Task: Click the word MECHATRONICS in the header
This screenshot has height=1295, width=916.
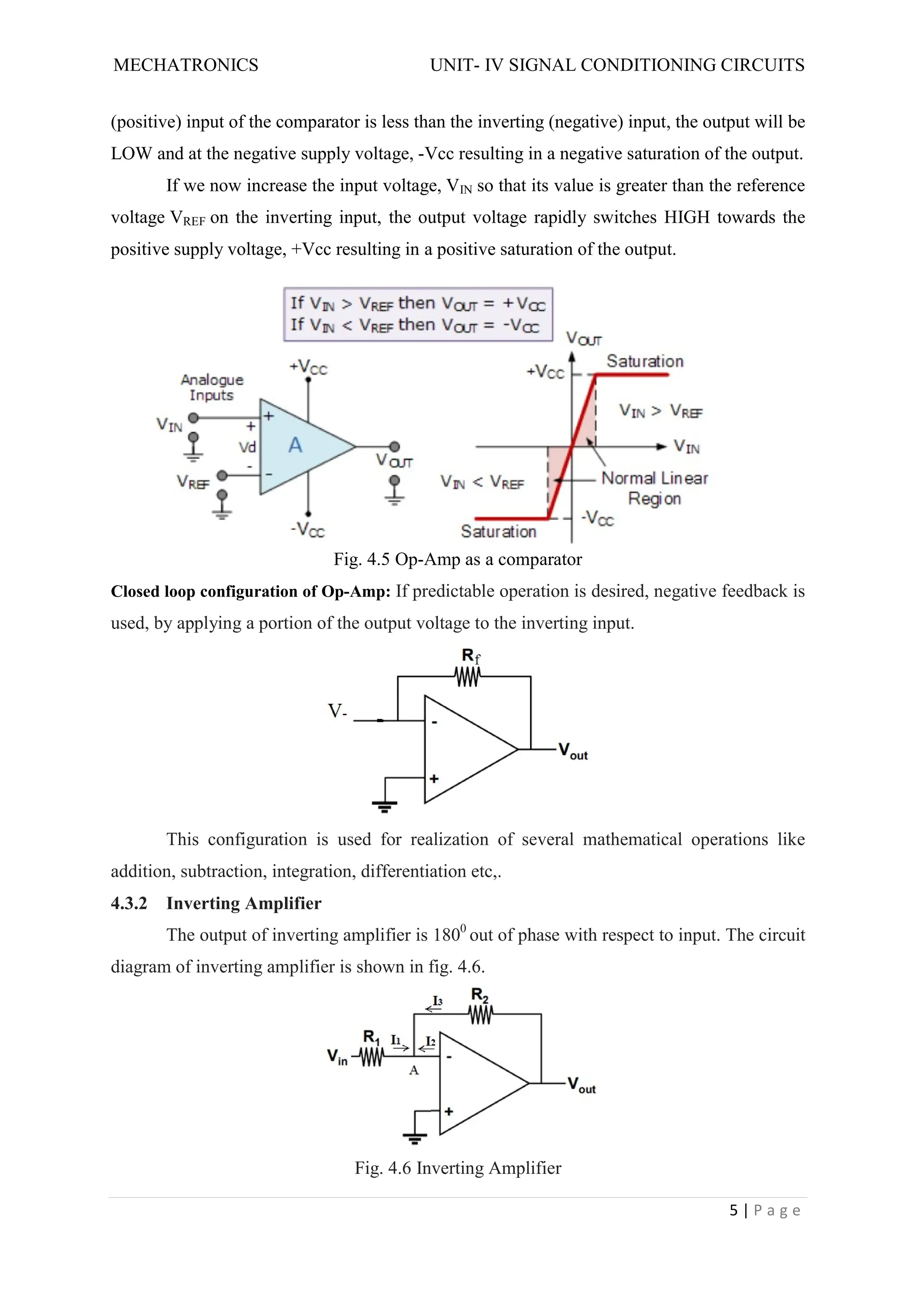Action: [x=186, y=65]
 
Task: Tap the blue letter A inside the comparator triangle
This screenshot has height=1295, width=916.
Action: [x=295, y=445]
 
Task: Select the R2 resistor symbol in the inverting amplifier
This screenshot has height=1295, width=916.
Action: [x=480, y=1015]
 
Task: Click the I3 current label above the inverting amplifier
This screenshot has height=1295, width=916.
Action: [x=437, y=1001]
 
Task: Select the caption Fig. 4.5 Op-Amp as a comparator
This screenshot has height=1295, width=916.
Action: [x=458, y=559]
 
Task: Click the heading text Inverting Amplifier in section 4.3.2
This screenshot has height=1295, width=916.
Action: [x=244, y=903]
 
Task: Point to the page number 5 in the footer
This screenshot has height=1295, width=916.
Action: [x=733, y=1210]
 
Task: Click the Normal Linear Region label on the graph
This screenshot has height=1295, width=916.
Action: [x=654, y=488]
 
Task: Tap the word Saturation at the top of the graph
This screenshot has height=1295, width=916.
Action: [x=645, y=361]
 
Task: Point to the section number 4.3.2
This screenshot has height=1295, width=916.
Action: [x=129, y=903]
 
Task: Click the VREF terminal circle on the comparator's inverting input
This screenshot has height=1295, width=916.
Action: [x=222, y=475]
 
